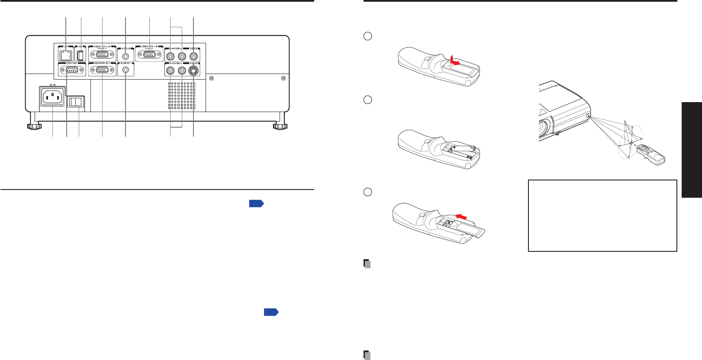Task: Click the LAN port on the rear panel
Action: [66, 55]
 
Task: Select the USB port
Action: [81, 55]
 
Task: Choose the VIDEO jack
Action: [193, 56]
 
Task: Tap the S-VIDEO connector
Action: [194, 70]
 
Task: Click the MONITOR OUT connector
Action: [102, 70]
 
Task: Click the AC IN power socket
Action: [52, 97]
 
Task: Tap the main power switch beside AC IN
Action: [76, 102]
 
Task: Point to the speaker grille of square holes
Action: [181, 95]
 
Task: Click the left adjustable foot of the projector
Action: [34, 126]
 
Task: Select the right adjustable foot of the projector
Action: [280, 126]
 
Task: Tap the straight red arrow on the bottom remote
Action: [462, 215]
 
